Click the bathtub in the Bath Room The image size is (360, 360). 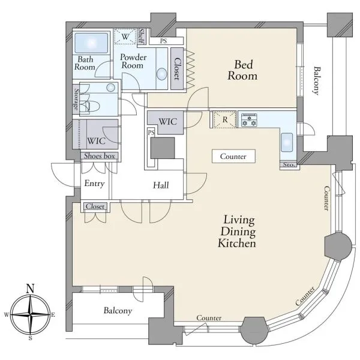click(91, 43)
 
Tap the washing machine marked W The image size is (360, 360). click(125, 36)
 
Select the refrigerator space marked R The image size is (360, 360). click(225, 119)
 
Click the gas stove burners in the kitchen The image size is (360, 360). click(249, 120)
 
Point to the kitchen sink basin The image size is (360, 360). click(287, 142)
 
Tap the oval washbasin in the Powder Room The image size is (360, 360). click(161, 74)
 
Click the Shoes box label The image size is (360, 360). click(99, 156)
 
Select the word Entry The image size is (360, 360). click(94, 183)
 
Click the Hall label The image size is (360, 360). click(161, 185)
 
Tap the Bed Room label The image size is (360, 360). click(242, 70)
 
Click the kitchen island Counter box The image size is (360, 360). click(233, 157)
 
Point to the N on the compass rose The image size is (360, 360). click(31, 289)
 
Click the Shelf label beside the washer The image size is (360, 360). click(141, 36)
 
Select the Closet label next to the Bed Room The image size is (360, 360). click(177, 68)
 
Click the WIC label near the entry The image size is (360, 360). click(96, 141)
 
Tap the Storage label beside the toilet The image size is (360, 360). click(76, 99)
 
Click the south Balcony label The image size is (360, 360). click(118, 310)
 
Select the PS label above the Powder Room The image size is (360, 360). click(163, 41)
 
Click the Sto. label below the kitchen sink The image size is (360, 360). click(289, 164)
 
